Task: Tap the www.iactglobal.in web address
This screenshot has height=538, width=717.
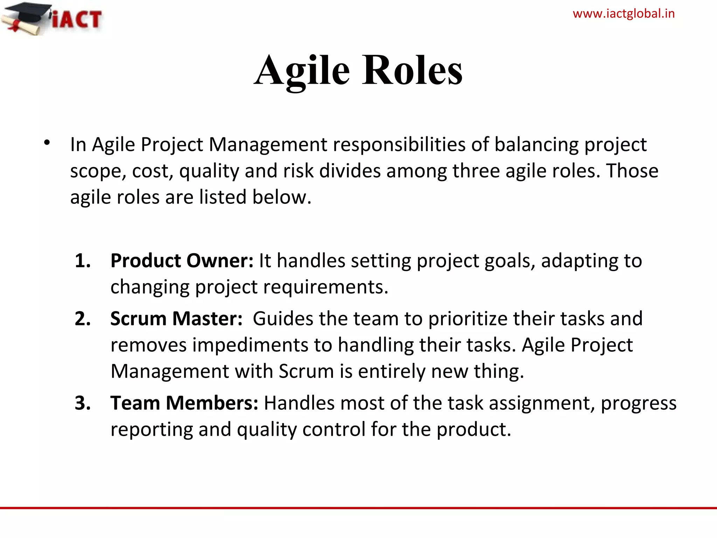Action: (624, 14)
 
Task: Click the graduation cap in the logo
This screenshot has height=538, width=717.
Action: (28, 14)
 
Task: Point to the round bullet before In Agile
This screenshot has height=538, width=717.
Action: (47, 143)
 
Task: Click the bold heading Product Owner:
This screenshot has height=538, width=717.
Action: (182, 261)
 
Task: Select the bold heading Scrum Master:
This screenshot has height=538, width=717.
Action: (176, 319)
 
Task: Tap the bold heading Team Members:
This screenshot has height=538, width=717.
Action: (184, 403)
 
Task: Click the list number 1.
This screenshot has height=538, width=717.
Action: (83, 261)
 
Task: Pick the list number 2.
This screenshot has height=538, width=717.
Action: (83, 319)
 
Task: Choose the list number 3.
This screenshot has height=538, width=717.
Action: (83, 403)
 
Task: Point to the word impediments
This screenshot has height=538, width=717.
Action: (250, 345)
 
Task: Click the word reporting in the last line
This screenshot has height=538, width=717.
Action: (152, 430)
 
